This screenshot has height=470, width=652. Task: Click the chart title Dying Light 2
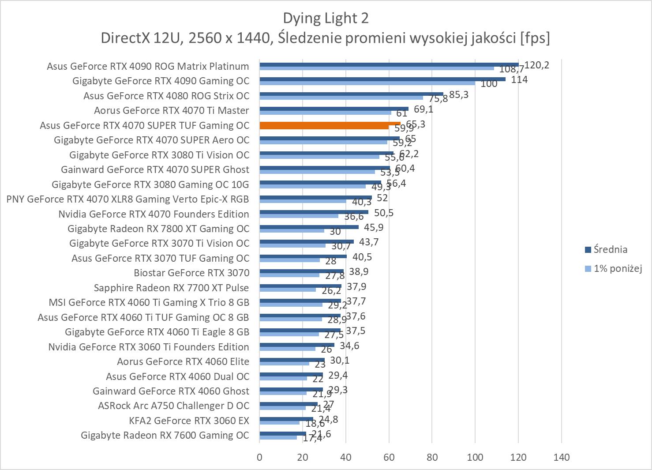[x=326, y=18]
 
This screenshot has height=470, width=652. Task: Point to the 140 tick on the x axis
[x=561, y=457]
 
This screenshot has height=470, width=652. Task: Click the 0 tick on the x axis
[x=259, y=457]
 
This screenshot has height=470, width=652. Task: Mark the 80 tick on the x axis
[x=432, y=457]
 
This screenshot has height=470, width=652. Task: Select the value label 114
[x=519, y=80]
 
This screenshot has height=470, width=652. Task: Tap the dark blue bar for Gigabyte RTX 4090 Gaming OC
[x=382, y=79]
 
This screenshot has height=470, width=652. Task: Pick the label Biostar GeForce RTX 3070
[x=191, y=273]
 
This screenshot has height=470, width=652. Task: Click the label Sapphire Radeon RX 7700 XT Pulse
[x=171, y=288]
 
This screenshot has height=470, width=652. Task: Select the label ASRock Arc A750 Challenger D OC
[x=173, y=406]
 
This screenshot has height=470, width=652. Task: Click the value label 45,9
[x=374, y=228]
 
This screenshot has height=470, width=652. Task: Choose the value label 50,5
[x=383, y=213]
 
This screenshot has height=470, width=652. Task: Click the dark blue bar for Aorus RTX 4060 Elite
[x=292, y=360]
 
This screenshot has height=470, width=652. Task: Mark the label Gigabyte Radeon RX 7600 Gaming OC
[x=165, y=435]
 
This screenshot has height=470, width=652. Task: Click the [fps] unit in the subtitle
[x=535, y=38]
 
